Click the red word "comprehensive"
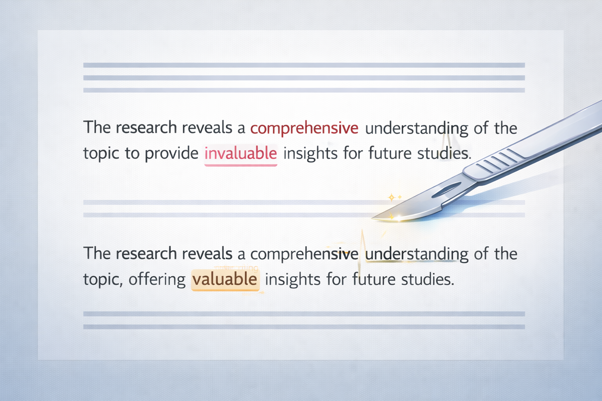304,128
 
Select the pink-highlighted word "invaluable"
241,153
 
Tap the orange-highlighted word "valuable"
225,279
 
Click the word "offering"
157,279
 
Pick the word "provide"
171,154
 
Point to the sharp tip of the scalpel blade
373,218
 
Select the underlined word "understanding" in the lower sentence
416,254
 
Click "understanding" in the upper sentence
416,128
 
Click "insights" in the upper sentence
310,153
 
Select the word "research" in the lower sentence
146,254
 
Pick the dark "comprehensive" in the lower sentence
304,255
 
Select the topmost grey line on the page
304,65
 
